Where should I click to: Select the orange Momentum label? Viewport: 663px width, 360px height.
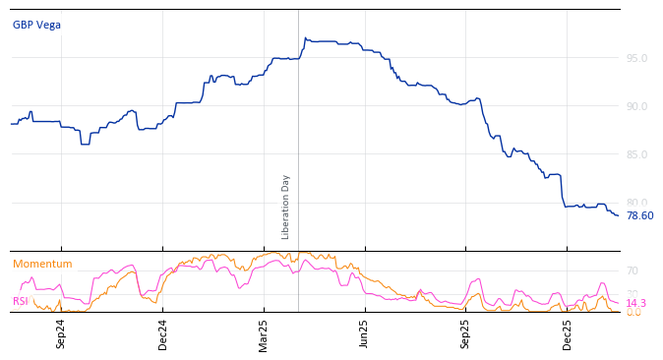click(x=42, y=265)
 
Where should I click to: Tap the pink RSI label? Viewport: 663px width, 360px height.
click(x=20, y=301)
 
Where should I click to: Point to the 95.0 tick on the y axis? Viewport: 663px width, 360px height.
click(x=636, y=58)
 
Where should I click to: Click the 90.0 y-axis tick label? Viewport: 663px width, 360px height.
click(x=636, y=106)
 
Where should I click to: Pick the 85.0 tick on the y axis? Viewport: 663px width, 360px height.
click(x=636, y=154)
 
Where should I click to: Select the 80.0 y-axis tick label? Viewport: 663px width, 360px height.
click(x=636, y=203)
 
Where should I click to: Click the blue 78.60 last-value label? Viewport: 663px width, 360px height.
click(x=639, y=216)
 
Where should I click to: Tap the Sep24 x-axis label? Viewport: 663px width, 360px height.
click(x=61, y=333)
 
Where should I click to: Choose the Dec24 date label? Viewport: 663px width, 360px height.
click(x=163, y=333)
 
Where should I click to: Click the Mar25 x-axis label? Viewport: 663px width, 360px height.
click(x=264, y=333)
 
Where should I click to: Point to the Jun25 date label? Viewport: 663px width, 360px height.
click(x=365, y=333)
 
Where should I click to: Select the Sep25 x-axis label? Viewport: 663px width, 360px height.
click(x=466, y=333)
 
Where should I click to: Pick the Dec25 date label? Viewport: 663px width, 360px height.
click(x=568, y=333)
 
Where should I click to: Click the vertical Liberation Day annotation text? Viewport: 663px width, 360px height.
click(x=286, y=207)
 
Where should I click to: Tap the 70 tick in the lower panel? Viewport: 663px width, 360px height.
click(x=633, y=270)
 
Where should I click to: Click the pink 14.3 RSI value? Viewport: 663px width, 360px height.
click(x=635, y=303)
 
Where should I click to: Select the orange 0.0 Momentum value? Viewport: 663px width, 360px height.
click(x=633, y=313)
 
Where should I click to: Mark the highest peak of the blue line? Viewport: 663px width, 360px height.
click(x=305, y=38)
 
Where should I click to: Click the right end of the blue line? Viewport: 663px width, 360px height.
click(x=619, y=215)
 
